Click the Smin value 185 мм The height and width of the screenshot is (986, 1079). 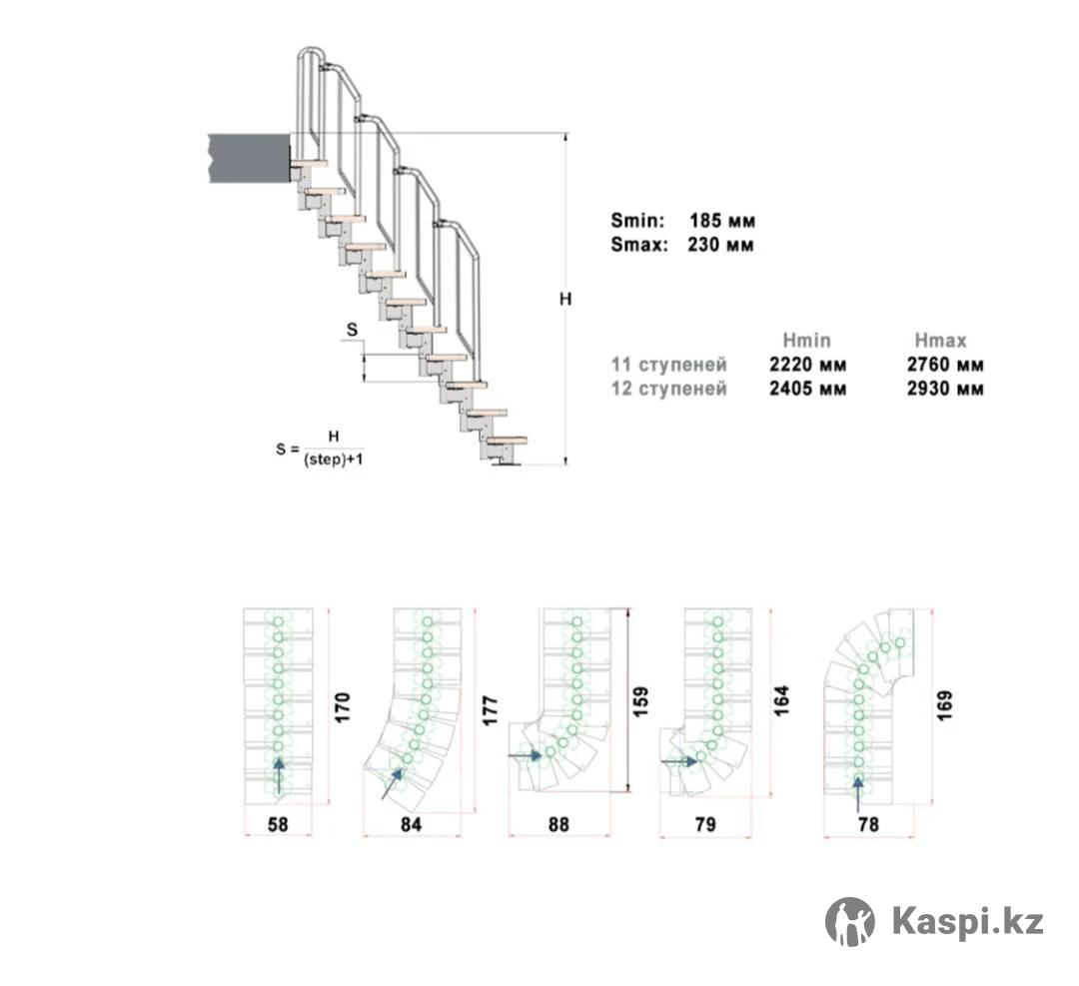tap(722, 221)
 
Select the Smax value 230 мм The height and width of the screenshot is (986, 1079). tap(720, 245)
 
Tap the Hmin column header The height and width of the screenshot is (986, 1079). tap(806, 341)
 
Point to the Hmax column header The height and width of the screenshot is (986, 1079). tap(941, 341)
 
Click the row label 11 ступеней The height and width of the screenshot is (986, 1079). tap(668, 365)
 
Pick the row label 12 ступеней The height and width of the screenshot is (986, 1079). tap(668, 389)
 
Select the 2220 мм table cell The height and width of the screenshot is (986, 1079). tap(808, 365)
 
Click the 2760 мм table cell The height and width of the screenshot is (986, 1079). tap(945, 365)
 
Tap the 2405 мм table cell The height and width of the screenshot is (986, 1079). tap(808, 389)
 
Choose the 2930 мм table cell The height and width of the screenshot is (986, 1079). tap(945, 389)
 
